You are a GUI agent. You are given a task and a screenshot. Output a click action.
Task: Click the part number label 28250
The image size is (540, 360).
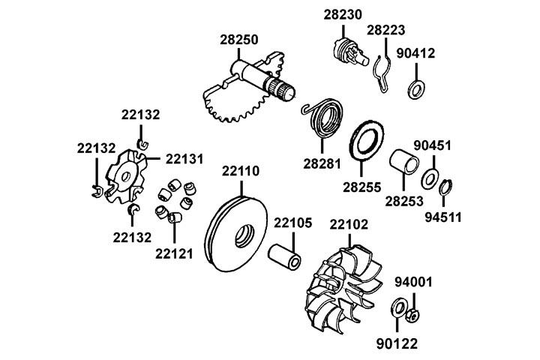tap(238, 39)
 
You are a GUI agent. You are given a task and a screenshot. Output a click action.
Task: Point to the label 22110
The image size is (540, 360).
tap(241, 172)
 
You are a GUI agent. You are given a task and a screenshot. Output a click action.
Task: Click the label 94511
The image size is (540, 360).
tap(443, 218)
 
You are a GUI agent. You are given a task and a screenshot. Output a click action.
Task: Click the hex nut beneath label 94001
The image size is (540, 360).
tap(412, 315)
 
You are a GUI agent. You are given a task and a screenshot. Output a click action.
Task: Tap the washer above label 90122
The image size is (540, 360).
tap(397, 309)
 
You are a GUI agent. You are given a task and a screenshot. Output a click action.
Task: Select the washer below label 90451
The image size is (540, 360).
tap(430, 180)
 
